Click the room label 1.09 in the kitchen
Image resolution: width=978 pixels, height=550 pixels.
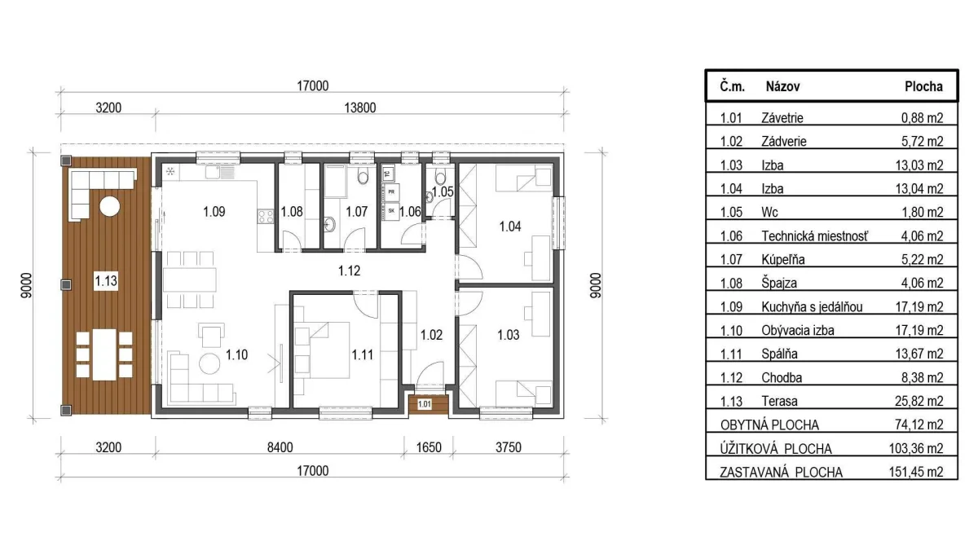click(214, 212)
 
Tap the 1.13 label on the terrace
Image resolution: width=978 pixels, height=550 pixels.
click(106, 280)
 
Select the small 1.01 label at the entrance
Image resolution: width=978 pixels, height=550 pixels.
click(425, 404)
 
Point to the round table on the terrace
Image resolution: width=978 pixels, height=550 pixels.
click(109, 206)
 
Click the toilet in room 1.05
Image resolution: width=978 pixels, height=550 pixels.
click(441, 177)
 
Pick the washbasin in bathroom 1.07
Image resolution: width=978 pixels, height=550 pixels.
click(329, 225)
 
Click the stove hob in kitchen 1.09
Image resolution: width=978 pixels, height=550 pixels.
click(266, 217)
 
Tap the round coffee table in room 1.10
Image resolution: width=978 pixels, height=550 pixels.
click(209, 363)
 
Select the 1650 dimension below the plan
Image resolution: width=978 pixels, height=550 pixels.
click(429, 447)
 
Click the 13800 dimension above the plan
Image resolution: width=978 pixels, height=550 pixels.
click(359, 108)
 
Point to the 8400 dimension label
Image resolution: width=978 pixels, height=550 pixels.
click(280, 447)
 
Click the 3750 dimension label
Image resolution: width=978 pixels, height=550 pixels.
click(509, 447)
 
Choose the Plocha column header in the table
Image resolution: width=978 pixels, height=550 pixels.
click(923, 86)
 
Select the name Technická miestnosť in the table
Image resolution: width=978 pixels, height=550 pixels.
click(815, 236)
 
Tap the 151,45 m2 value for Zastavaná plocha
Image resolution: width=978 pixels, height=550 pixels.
click(916, 472)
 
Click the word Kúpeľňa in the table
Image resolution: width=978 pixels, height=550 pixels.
click(783, 260)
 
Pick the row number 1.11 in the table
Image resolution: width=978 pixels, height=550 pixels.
click(731, 354)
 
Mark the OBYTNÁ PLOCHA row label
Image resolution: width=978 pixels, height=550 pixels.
click(769, 425)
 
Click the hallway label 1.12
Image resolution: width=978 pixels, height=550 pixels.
click(350, 271)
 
